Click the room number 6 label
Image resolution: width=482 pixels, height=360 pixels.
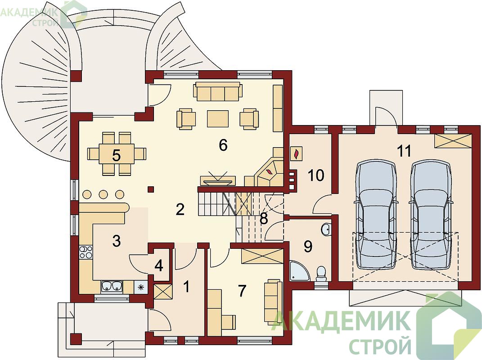(x=223, y=145)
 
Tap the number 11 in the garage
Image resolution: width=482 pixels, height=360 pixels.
(x=404, y=151)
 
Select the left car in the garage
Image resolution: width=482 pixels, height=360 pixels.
(x=375, y=216)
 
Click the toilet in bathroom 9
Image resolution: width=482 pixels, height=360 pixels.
(x=321, y=273)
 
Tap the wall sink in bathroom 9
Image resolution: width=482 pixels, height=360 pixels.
(x=326, y=229)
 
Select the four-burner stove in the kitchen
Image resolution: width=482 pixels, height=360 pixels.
(x=86, y=252)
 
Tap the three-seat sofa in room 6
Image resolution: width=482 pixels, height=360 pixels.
(x=218, y=92)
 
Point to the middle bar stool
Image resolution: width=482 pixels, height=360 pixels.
(x=104, y=194)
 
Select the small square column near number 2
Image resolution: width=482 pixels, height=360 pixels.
(x=151, y=189)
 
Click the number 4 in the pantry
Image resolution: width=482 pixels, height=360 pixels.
(x=158, y=265)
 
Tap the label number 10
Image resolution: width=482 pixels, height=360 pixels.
(x=315, y=175)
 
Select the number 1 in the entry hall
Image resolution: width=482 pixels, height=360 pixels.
(x=186, y=287)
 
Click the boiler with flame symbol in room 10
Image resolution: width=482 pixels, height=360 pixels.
(x=297, y=153)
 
